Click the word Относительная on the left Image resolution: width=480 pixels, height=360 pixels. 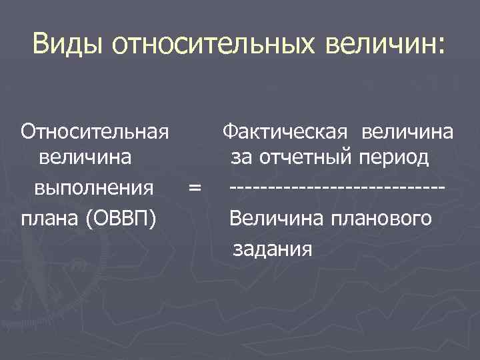pos(94,131)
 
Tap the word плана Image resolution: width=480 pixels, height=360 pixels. pos(51,217)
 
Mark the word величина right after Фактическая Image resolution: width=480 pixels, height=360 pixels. pos(407,131)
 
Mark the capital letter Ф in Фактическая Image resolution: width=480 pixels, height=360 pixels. pos(230,131)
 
